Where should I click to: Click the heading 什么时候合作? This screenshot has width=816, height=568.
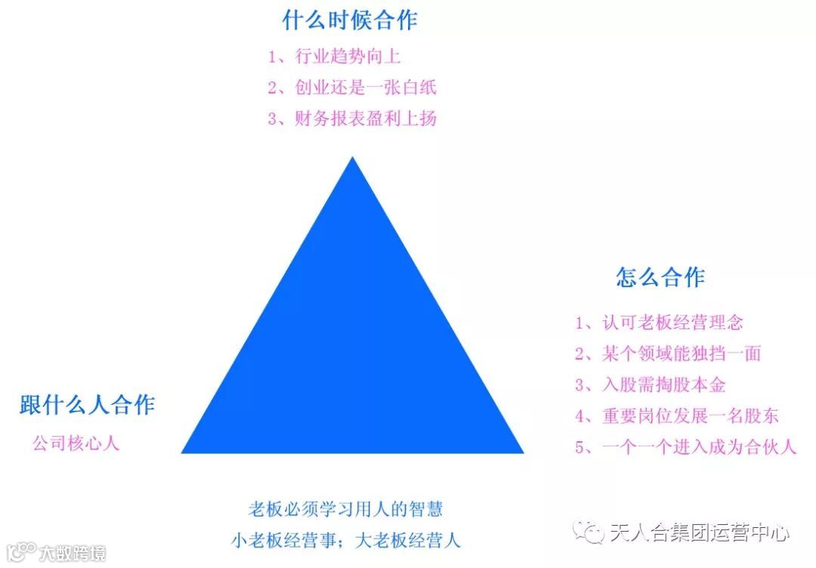pyautogui.click(x=350, y=20)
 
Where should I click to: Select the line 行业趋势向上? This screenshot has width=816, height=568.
pyautogui.click(x=351, y=57)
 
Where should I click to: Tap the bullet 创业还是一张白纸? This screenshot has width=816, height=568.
pyautogui.click(x=351, y=88)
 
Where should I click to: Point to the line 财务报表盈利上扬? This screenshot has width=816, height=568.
pyautogui.click(x=351, y=119)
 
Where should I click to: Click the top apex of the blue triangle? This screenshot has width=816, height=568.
pyautogui.click(x=352, y=159)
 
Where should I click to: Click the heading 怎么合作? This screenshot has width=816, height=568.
pyautogui.click(x=660, y=277)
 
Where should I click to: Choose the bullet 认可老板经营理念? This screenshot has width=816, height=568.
pyautogui.click(x=659, y=323)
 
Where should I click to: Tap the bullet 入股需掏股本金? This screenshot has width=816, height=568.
pyautogui.click(x=650, y=384)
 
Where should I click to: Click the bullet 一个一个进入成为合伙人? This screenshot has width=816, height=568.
pyautogui.click(x=685, y=446)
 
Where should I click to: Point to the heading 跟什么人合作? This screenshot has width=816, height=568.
pyautogui.click(x=87, y=405)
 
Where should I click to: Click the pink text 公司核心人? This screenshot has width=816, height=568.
pyautogui.click(x=76, y=443)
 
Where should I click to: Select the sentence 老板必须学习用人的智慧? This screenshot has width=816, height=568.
pyautogui.click(x=345, y=509)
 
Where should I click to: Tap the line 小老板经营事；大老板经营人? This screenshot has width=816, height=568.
pyautogui.click(x=345, y=541)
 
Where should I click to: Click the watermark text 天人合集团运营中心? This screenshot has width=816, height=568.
pyautogui.click(x=699, y=532)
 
